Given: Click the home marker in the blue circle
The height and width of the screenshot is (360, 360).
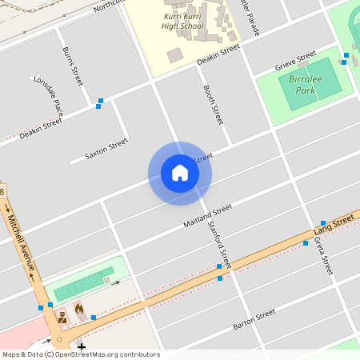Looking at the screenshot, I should point(180,173).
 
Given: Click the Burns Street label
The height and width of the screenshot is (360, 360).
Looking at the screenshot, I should point(73,66).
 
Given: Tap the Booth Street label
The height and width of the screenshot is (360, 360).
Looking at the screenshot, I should point(212,105).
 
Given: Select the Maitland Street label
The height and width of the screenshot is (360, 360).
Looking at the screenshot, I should point(207,214).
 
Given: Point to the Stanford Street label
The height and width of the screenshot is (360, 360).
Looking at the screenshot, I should point(218,243).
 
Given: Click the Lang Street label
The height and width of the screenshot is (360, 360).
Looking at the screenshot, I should point(334,224).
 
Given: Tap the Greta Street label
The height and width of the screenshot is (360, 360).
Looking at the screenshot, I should point(322,256).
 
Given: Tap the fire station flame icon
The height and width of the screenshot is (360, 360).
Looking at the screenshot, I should point(78,308).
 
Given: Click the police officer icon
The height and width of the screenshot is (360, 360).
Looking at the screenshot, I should point(62,318).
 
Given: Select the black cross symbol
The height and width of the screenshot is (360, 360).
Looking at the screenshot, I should point(81,346).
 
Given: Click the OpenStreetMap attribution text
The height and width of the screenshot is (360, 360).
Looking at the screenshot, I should point(80,354).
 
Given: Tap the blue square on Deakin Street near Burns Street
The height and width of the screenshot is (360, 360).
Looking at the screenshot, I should point(100,102).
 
